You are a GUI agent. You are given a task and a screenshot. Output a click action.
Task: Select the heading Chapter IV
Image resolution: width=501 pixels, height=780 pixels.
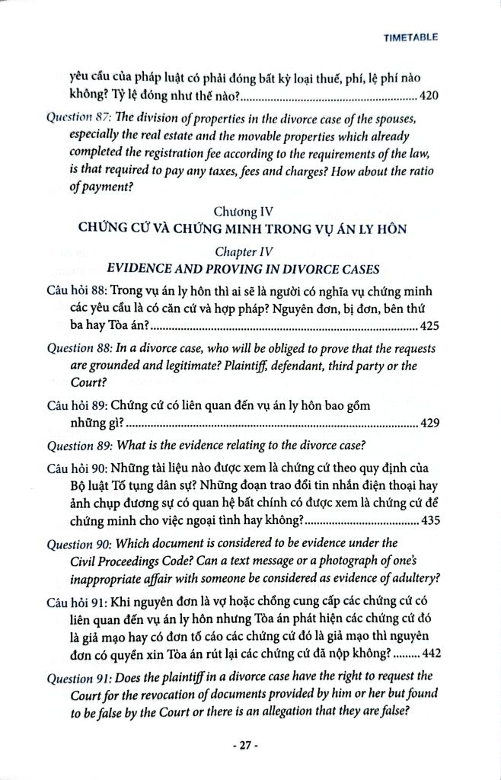click(x=244, y=250)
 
